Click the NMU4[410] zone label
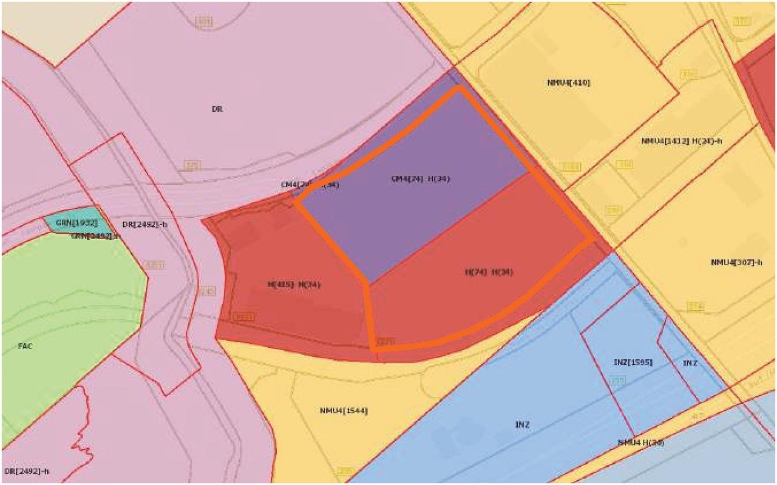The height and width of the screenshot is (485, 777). coord(568,83)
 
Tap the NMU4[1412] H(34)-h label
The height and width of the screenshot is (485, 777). coord(681,141)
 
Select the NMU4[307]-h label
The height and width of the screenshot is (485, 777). coord(736,262)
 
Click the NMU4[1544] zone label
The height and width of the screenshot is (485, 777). coord(344,411)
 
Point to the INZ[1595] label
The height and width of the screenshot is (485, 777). coord(633,362)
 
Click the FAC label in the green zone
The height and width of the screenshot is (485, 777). coord(25,346)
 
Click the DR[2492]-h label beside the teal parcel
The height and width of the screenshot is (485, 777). coord(144,225)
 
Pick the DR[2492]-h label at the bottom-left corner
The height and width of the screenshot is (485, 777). coord(25,470)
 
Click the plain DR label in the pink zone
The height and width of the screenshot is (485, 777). coord(217,110)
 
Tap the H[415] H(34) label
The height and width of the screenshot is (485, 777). coord(294,284)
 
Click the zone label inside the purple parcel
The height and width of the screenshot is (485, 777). coord(420,178)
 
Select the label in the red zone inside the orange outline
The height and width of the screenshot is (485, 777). coord(489,273)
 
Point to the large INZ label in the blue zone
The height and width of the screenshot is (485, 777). coord(522,424)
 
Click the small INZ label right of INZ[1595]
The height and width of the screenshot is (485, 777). coord(690,363)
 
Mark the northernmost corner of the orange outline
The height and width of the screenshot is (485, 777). coord(458,88)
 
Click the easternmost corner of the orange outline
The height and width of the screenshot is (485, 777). coord(593,240)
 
